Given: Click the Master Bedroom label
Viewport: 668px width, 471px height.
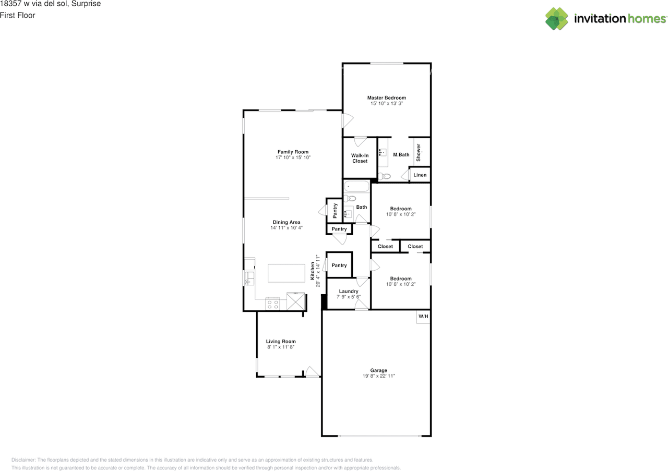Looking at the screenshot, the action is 387,98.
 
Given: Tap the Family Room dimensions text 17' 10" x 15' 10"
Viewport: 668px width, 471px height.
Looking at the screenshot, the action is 293,158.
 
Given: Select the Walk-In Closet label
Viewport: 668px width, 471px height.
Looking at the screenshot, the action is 360,158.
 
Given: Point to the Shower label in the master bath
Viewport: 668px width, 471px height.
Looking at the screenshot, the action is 419,153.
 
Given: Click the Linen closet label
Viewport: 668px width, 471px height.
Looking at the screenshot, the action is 420,175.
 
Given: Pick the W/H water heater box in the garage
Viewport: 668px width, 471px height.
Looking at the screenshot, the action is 423,317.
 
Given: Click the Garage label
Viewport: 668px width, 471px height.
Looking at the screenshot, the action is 379,370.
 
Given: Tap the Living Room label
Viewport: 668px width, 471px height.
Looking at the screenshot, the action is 281,341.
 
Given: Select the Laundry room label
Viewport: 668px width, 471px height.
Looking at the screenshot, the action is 349,291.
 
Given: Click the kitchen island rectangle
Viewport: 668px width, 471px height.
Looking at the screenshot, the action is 287,273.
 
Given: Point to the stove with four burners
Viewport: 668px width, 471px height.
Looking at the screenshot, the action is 272,304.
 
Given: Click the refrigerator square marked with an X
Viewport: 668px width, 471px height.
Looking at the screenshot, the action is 296,301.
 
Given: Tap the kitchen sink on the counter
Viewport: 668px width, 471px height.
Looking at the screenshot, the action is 249,279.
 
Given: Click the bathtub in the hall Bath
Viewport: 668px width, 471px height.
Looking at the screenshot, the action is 356,186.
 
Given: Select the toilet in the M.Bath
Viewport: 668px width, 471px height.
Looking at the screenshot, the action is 385,176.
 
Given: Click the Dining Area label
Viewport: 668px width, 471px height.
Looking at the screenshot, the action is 287,222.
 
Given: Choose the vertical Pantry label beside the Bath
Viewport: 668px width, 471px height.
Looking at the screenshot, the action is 335,211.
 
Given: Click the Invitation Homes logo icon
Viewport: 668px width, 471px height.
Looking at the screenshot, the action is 556,19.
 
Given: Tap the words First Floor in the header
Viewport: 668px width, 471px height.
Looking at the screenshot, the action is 18,15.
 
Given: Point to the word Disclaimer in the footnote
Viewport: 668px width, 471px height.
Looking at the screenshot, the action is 23,460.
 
